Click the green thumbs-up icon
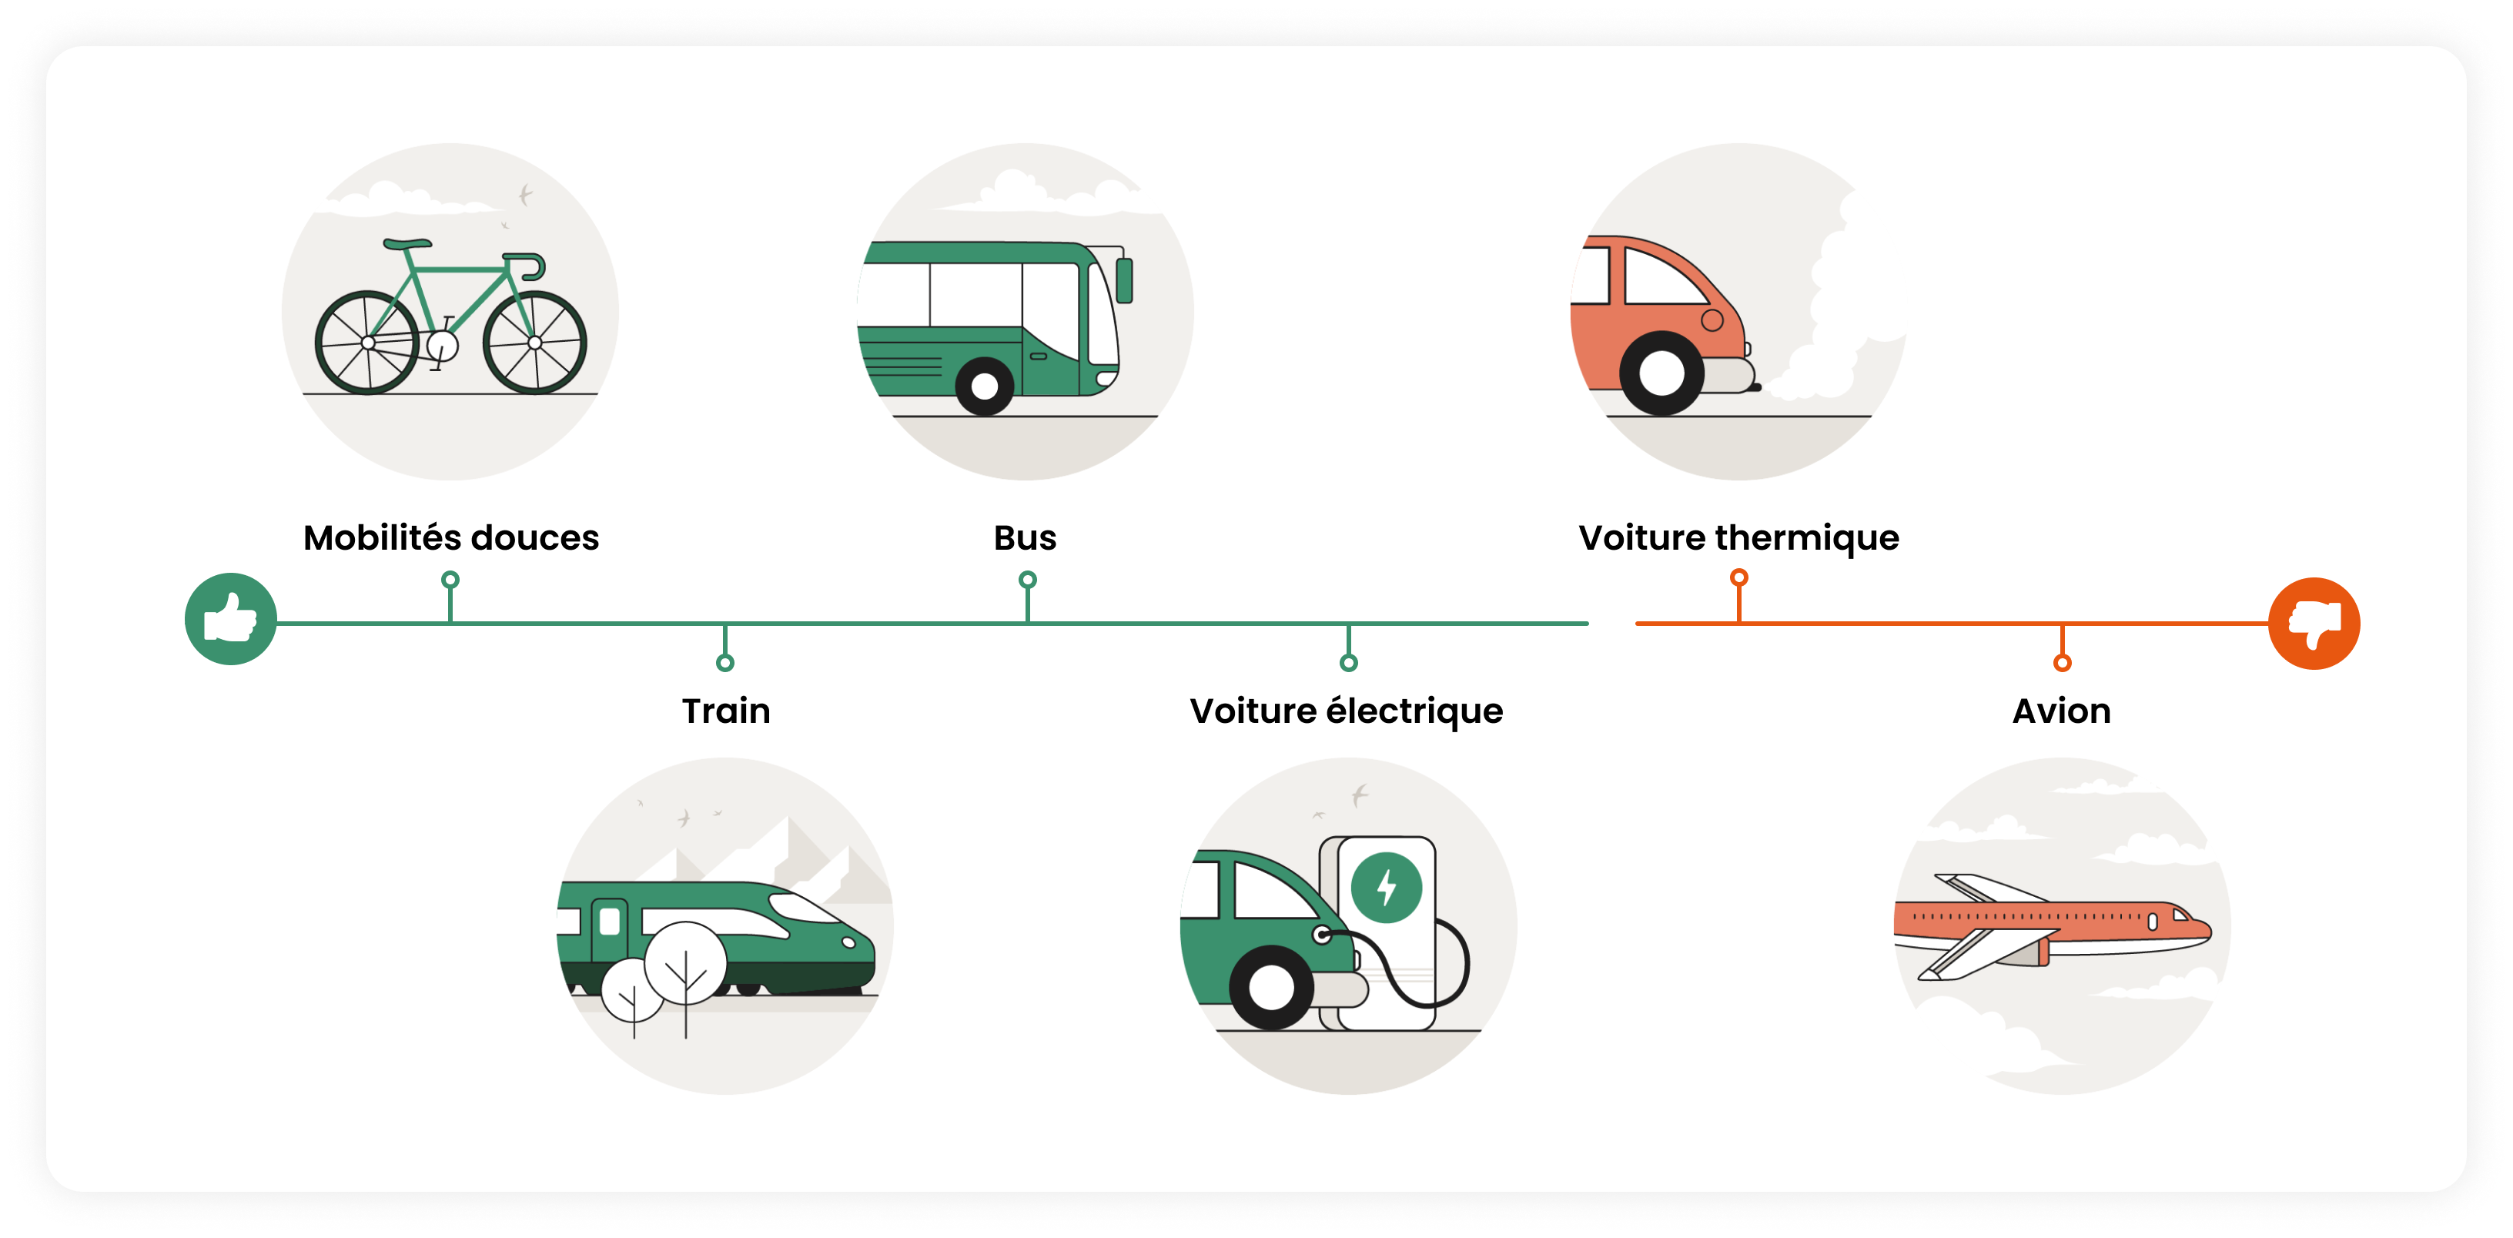click(230, 618)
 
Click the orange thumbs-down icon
click(2314, 624)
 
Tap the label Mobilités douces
click(450, 537)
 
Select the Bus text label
click(1024, 537)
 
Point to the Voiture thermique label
click(1738, 538)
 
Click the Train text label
click(726, 711)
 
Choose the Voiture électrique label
click(1347, 711)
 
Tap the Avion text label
click(2061, 711)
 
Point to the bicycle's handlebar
click(526, 266)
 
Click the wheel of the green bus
click(984, 386)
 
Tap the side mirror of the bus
click(1125, 280)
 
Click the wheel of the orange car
click(1661, 373)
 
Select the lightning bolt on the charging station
click(1387, 888)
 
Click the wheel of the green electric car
click(1271, 987)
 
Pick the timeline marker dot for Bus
click(1027, 580)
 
